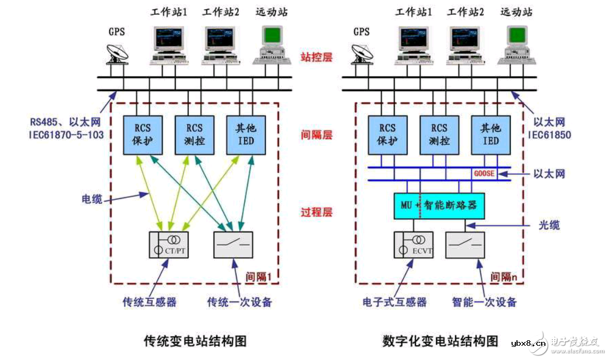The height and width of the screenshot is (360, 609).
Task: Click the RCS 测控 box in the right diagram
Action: click(x=439, y=135)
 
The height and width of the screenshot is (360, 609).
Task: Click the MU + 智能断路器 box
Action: click(x=439, y=206)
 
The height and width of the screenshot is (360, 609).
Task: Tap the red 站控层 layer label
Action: click(x=316, y=57)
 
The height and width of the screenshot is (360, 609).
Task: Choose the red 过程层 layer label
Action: click(x=316, y=212)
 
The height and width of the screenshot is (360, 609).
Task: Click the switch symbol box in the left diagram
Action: click(x=233, y=244)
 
